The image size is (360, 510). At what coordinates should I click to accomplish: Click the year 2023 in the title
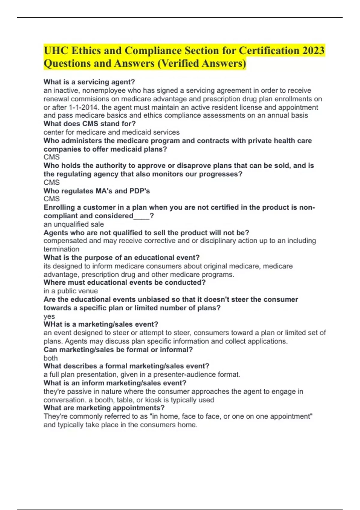click(x=313, y=50)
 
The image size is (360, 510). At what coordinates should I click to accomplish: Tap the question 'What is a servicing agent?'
click(x=89, y=82)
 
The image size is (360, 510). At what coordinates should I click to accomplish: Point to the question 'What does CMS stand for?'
click(x=89, y=124)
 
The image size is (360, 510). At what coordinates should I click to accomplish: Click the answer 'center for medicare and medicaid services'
click(x=111, y=132)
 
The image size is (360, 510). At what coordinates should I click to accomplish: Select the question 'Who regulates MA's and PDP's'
click(x=97, y=191)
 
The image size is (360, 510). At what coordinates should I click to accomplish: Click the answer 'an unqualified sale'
click(x=73, y=224)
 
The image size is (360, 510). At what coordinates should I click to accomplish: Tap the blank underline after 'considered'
click(x=141, y=216)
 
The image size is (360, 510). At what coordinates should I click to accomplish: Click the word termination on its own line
click(x=61, y=249)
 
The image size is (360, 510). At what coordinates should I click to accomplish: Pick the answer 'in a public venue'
click(x=70, y=291)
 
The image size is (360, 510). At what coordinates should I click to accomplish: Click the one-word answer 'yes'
click(x=49, y=316)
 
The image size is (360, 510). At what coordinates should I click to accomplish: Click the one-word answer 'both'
click(x=50, y=358)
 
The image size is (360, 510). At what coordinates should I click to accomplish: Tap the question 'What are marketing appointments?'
click(x=104, y=408)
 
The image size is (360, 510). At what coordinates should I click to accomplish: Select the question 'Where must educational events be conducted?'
click(x=124, y=283)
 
